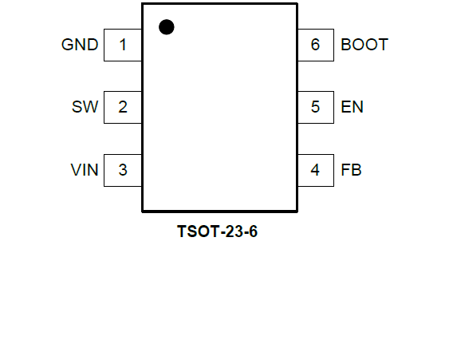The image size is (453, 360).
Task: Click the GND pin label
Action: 80,45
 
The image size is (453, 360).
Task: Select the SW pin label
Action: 85,107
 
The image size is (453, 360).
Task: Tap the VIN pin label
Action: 85,170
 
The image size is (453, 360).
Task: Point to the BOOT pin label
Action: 364,45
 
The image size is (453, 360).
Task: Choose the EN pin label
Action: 352,107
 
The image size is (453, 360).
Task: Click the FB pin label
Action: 351,170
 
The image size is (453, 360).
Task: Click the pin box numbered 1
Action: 123,45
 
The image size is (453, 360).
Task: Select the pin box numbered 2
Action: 123,107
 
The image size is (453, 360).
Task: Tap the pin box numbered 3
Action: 123,170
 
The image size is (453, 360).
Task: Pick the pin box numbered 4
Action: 316,170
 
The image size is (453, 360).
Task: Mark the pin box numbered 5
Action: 316,107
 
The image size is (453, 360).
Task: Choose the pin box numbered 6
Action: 316,45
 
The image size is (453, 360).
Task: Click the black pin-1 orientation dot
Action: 167,27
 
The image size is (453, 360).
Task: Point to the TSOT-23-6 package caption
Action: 217,231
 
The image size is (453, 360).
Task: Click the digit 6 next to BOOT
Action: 315,45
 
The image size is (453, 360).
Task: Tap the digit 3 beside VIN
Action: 123,170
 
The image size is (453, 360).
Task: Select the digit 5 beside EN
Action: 315,107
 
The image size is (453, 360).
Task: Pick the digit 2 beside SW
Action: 123,107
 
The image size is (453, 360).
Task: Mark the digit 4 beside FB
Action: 315,170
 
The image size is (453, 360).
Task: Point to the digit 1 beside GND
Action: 123,45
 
